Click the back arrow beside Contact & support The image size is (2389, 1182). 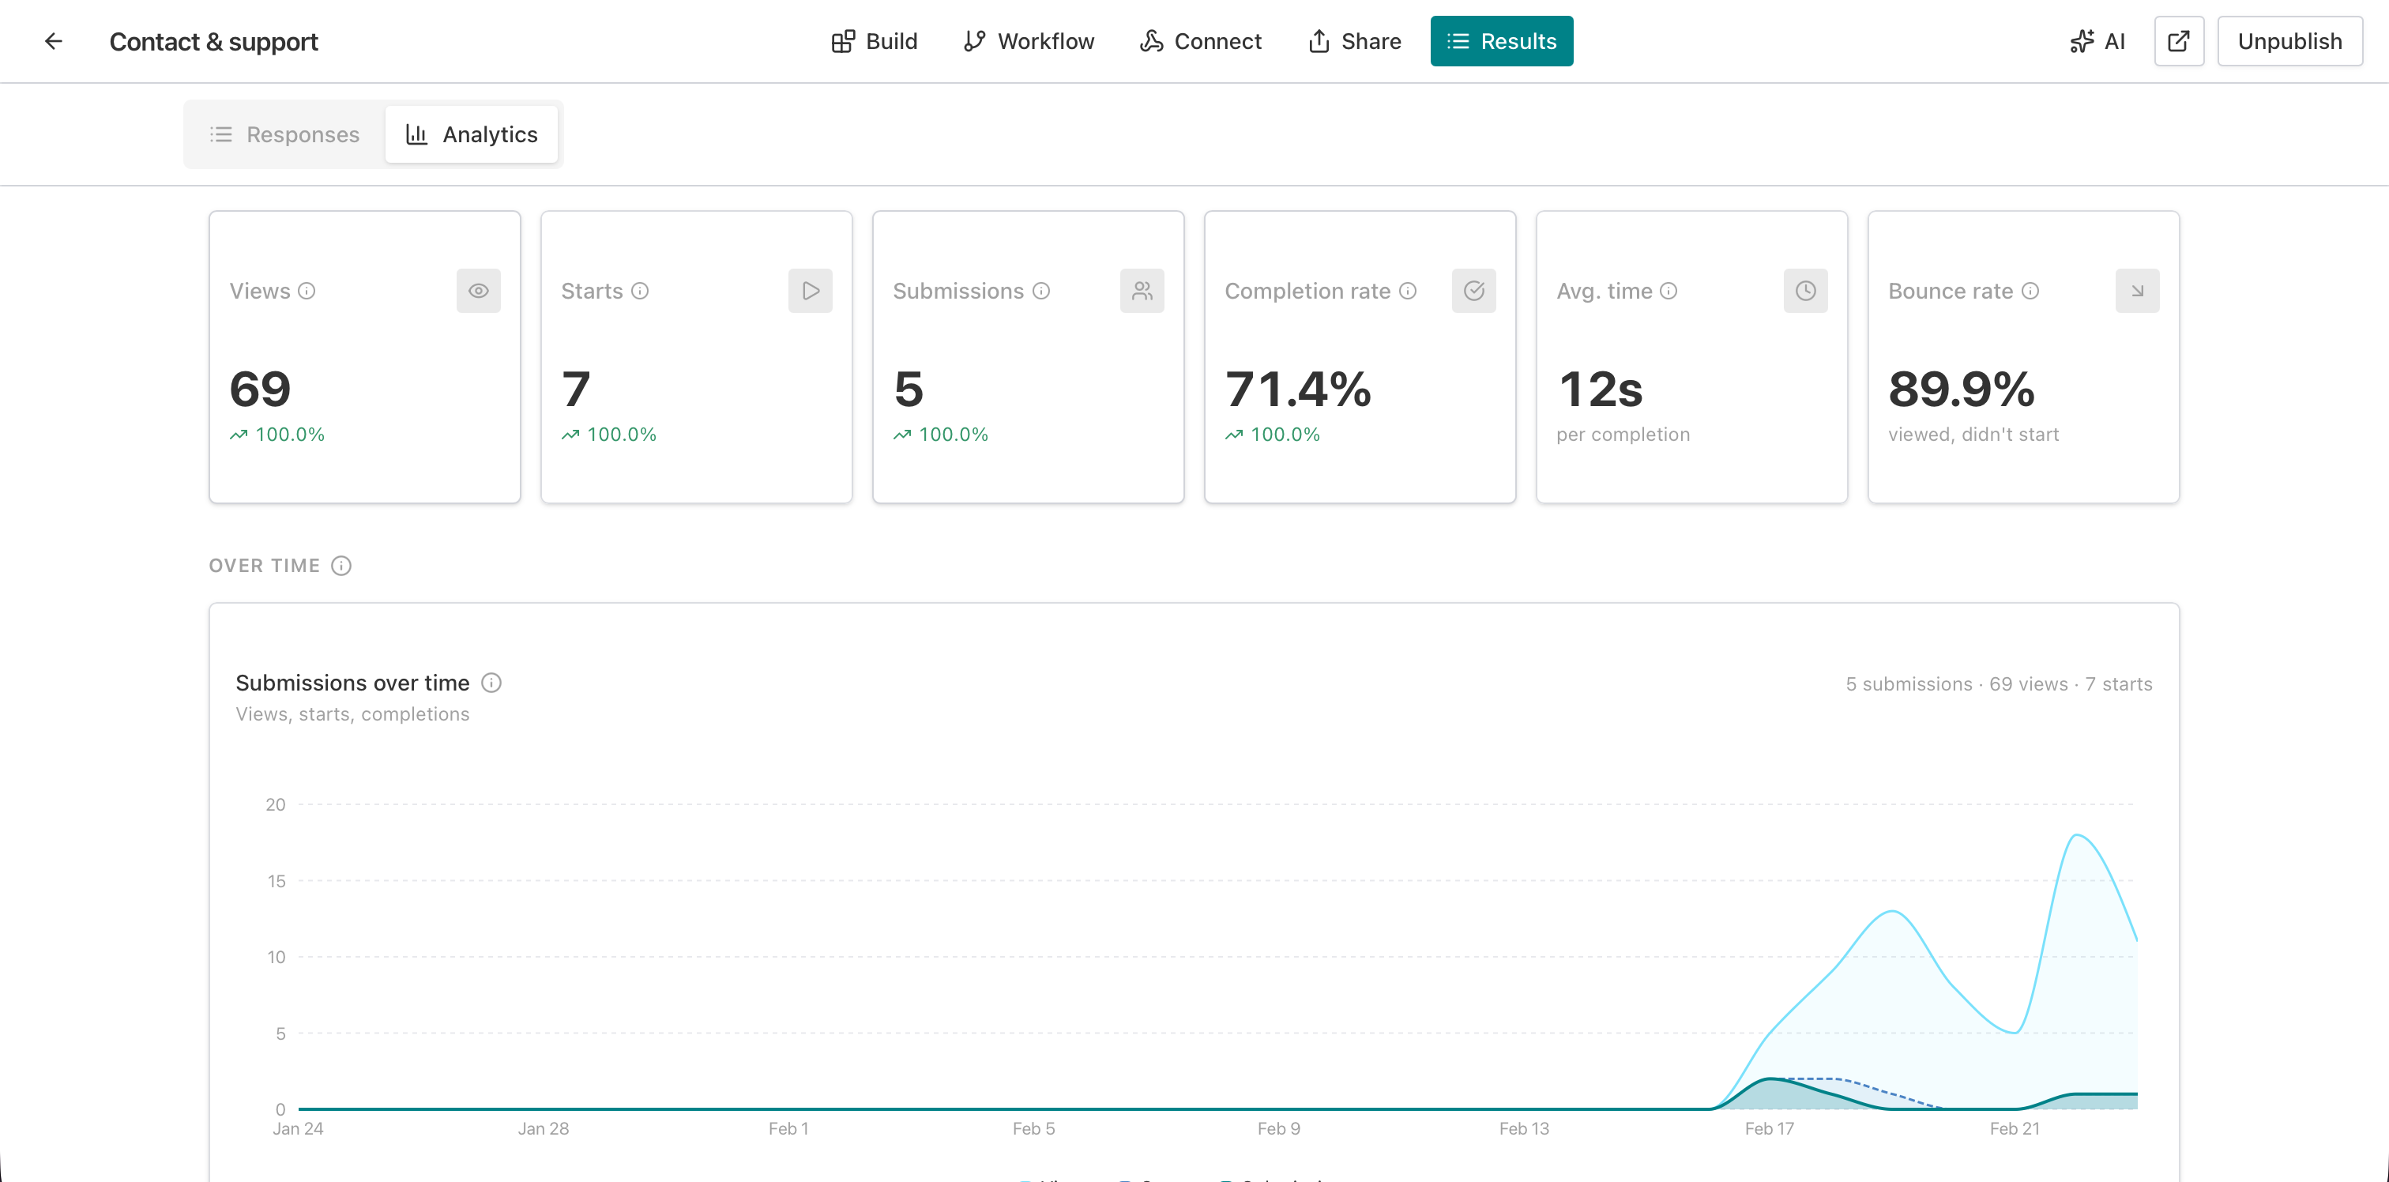point(54,42)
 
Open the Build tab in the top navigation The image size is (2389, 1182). point(874,42)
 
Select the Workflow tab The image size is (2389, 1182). point(1029,42)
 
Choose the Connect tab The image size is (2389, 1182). point(1200,42)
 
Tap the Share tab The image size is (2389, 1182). point(1354,42)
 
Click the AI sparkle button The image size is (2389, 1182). point(2097,42)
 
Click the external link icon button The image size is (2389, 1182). point(2179,42)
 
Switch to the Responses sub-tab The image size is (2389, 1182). point(284,134)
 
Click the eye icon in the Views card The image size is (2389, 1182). point(479,292)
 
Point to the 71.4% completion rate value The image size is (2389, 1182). point(1297,389)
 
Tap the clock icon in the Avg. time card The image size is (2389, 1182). point(1804,292)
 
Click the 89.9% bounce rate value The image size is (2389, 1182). point(1961,389)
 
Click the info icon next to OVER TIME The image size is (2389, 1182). point(341,566)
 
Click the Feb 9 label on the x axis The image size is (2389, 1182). point(1278,1129)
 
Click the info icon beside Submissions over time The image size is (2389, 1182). point(491,683)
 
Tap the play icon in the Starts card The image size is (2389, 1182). point(810,292)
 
